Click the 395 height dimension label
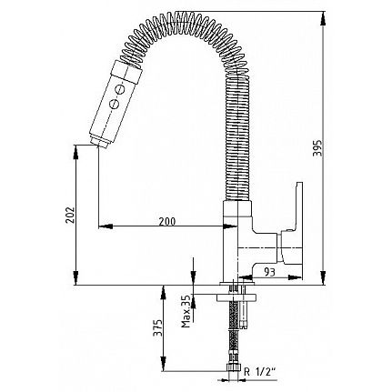317,148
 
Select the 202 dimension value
70,215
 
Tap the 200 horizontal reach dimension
167,222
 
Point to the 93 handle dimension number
269,272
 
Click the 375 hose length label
157,327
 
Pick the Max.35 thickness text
186,311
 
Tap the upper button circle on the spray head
120,89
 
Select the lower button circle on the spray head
114,104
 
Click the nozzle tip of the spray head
99,143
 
